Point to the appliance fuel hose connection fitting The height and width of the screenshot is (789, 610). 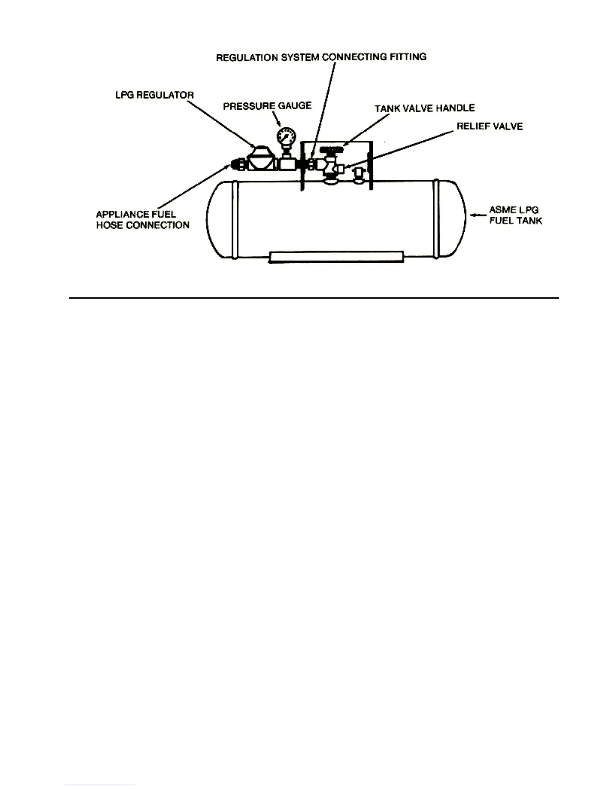click(237, 164)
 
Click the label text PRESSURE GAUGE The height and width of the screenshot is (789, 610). click(267, 106)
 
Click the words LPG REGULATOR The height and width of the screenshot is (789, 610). click(154, 95)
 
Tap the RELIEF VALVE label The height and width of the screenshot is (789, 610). click(489, 126)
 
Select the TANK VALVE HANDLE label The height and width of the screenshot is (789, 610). click(425, 108)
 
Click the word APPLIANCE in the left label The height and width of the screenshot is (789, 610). click(123, 214)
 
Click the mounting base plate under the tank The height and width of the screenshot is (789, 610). click(335, 257)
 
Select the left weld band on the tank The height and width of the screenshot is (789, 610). click(235, 219)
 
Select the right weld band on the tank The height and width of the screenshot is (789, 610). click(436, 219)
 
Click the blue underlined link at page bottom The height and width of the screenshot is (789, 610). click(99, 785)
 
